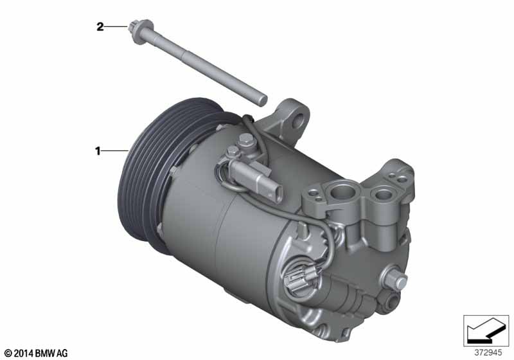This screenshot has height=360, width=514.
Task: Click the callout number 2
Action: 100,26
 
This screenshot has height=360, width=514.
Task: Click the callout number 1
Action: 98,151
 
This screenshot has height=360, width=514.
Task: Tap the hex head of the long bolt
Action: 135,26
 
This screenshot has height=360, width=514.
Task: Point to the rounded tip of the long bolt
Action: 263,100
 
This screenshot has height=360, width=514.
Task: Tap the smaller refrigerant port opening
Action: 382,194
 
